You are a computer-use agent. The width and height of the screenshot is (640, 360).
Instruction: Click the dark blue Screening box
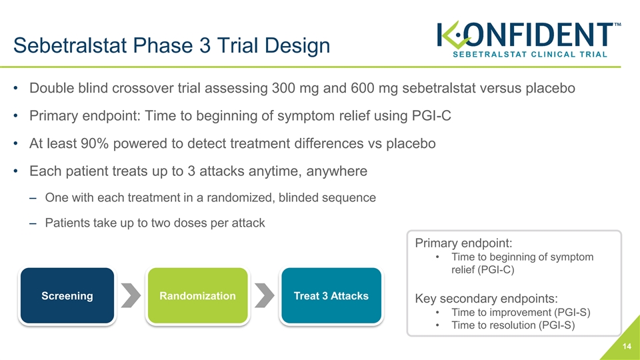(x=67, y=295)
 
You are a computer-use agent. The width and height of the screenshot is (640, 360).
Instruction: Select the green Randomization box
(x=197, y=295)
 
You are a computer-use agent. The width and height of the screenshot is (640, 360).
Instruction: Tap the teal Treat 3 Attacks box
(x=331, y=295)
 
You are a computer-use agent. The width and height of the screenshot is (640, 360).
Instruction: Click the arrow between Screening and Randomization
(x=131, y=295)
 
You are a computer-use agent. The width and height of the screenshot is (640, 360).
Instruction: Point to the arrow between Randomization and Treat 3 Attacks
(x=265, y=295)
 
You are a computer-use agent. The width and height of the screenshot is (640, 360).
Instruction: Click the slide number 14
(x=627, y=347)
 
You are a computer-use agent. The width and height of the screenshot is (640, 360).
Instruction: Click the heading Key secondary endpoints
(x=486, y=299)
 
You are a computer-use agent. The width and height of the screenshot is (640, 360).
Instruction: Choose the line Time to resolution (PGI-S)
(x=513, y=325)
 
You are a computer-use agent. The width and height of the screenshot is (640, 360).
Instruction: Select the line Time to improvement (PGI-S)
(x=521, y=312)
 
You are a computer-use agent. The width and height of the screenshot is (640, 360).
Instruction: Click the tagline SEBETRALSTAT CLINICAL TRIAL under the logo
(x=530, y=54)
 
